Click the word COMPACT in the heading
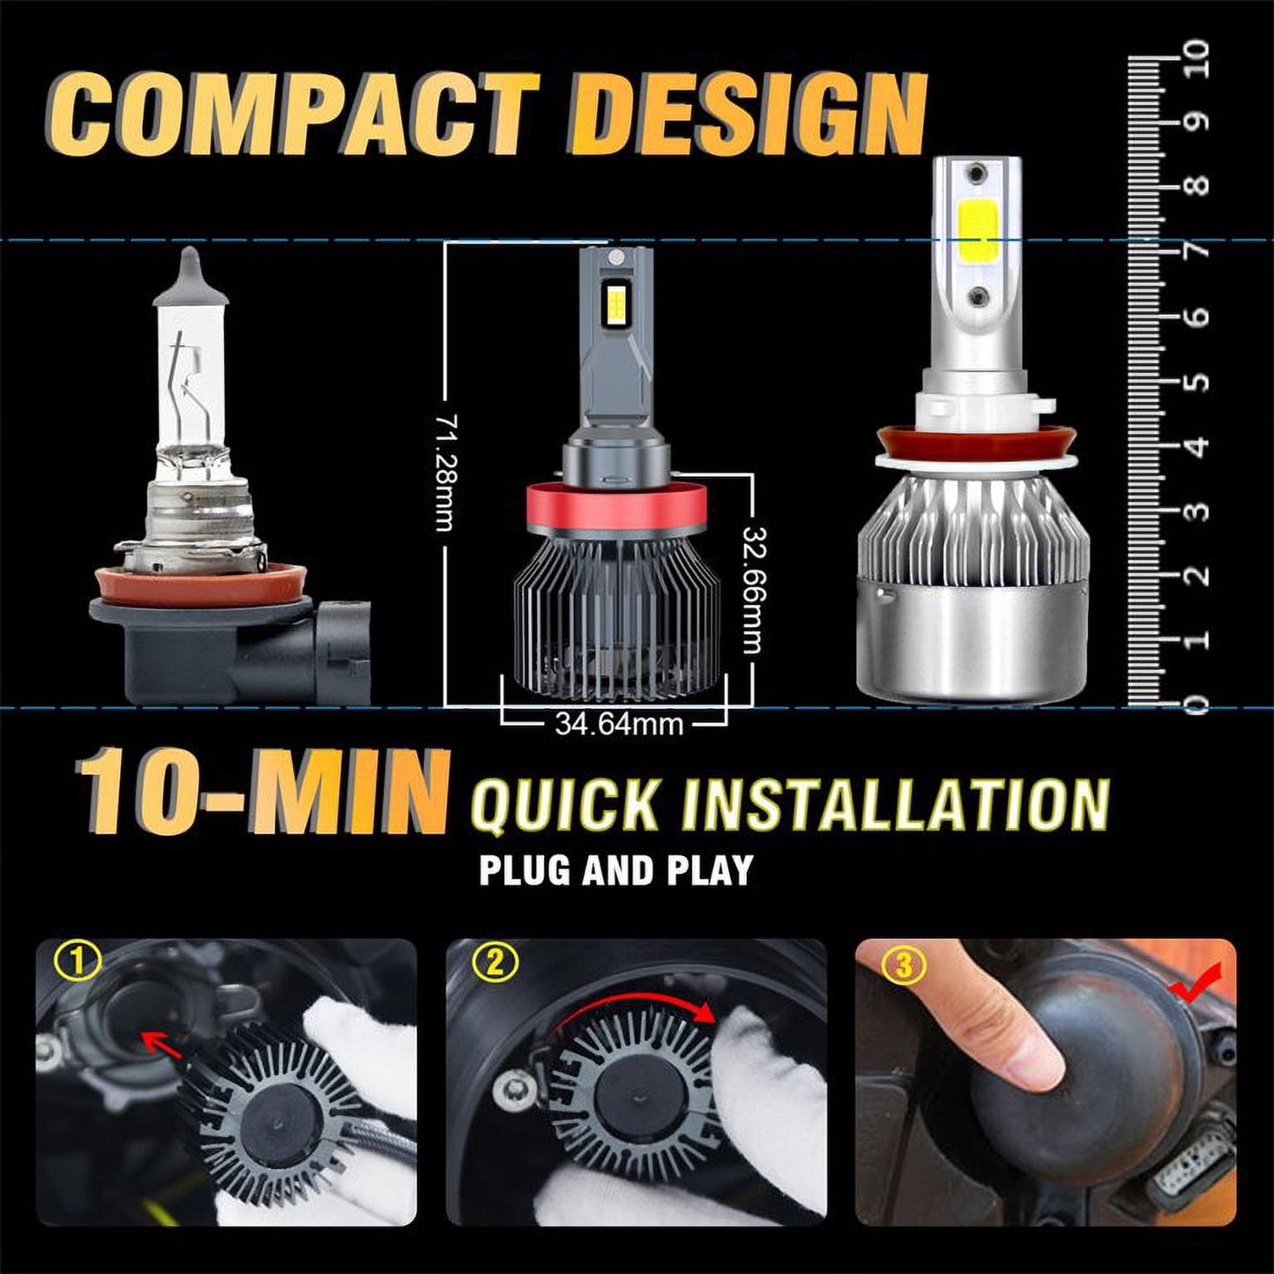pyautogui.click(x=294, y=117)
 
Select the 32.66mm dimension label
pyautogui.click(x=753, y=590)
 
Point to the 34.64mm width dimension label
pyautogui.click(x=619, y=725)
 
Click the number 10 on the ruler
pyautogui.click(x=1196, y=59)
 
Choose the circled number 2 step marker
pyautogui.click(x=493, y=965)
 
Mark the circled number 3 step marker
pyautogui.click(x=904, y=965)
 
